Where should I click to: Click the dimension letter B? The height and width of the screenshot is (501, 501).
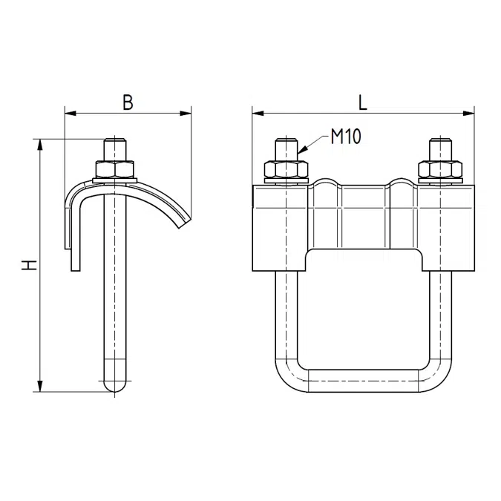coord(128,102)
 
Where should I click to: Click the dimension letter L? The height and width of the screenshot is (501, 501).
coord(362,102)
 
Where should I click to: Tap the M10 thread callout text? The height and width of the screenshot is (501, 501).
coord(346,137)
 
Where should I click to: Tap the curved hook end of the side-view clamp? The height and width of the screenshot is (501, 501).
coord(181,222)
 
